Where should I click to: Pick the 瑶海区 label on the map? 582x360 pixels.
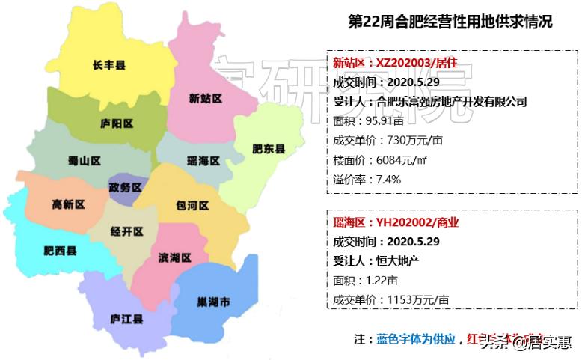[203, 161]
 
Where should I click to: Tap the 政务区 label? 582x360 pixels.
[124, 187]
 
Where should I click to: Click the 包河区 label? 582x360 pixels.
[192, 205]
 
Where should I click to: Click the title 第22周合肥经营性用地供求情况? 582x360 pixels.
[450, 22]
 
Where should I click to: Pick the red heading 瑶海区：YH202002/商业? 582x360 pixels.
[396, 222]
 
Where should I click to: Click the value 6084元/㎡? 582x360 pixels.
[403, 159]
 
